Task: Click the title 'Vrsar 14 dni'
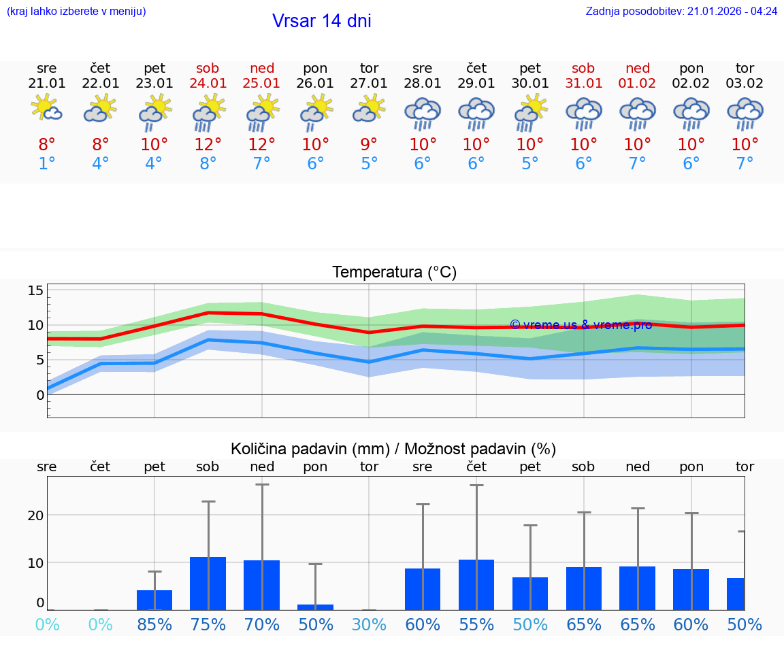coord(321,21)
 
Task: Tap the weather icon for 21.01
coord(46,109)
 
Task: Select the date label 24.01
coord(208,84)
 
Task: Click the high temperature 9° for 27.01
coord(369,144)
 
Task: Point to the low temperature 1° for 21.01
coord(46,163)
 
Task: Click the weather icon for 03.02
coord(745,113)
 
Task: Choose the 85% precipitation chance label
coord(154,624)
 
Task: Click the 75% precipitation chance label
coord(208,624)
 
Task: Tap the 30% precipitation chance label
coord(369,624)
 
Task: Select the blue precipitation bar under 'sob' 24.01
coord(208,583)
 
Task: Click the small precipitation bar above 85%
coord(154,600)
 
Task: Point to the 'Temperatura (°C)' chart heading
coord(394,273)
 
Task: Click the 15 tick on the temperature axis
coord(35,291)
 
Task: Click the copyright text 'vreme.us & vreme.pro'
coord(581,325)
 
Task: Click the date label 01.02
coord(638,84)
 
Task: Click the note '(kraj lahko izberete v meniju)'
coord(76,12)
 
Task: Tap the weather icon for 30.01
coord(530,113)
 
